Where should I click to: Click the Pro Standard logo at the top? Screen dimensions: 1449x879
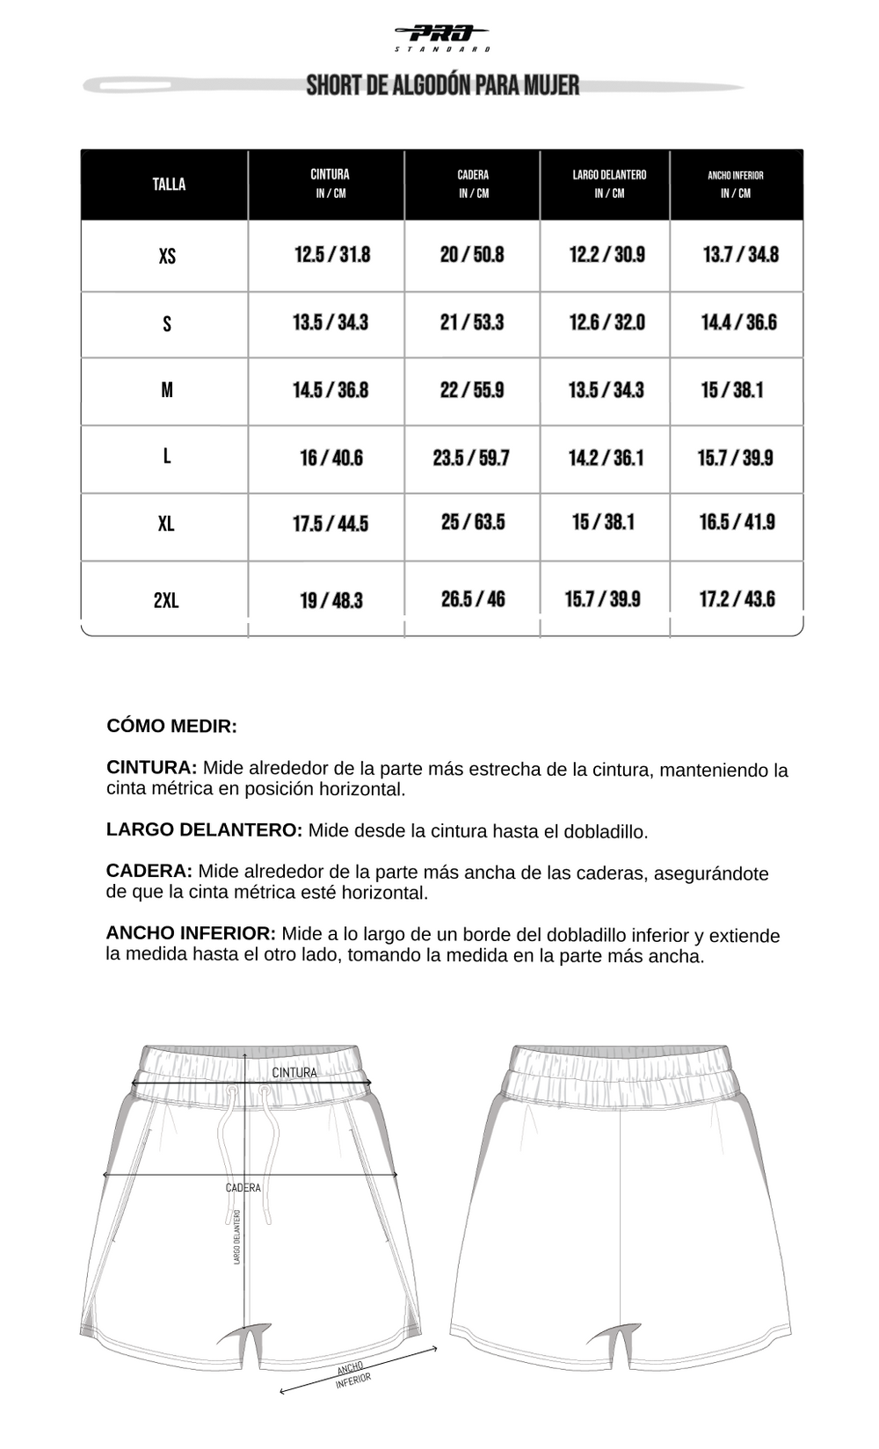(x=442, y=37)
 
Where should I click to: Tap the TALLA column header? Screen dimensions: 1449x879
(x=169, y=185)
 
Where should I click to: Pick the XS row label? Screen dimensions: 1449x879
(x=167, y=257)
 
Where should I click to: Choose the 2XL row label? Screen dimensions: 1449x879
(x=166, y=600)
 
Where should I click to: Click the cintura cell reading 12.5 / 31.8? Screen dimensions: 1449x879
(x=332, y=255)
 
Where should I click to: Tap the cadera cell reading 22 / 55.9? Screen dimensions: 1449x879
(x=472, y=390)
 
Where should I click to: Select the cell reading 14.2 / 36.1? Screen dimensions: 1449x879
(x=606, y=458)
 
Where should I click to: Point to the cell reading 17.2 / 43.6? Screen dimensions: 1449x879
(x=737, y=599)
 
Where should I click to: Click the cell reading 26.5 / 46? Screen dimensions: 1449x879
(x=473, y=599)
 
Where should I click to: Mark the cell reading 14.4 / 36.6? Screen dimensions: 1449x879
(x=738, y=322)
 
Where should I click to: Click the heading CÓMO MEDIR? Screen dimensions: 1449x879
(x=172, y=727)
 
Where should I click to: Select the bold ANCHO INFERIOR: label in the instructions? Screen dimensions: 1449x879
(x=191, y=933)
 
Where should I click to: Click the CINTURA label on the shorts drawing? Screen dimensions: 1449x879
(x=294, y=1073)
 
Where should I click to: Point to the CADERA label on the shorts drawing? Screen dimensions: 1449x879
(x=243, y=1188)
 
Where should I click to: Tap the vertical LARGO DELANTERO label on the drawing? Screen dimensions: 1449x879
(x=237, y=1237)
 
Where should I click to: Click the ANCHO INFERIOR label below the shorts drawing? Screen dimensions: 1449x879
(x=352, y=1375)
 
